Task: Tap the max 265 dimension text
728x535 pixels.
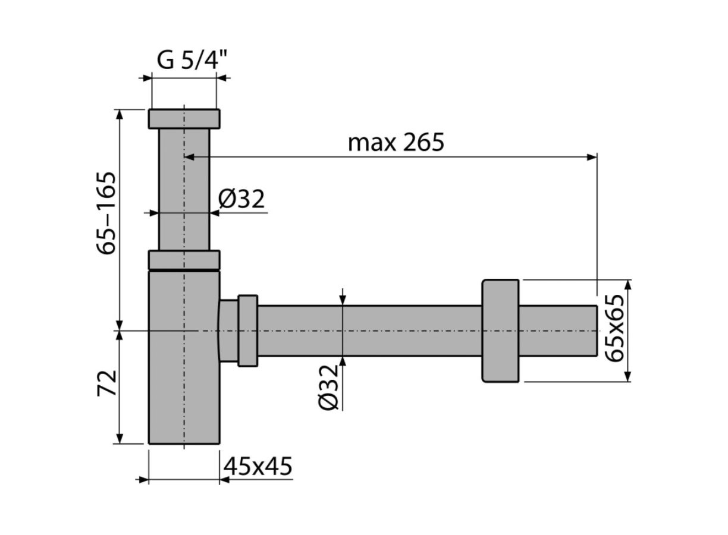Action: (396, 142)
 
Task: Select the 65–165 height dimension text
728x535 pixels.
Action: (106, 213)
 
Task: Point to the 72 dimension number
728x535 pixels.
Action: (106, 383)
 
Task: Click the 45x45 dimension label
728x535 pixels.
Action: (258, 466)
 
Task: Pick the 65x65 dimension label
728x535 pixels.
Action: (614, 328)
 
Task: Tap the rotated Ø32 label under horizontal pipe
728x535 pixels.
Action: (328, 387)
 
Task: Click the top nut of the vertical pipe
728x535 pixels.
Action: (184, 119)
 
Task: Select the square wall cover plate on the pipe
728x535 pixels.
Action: (500, 331)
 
